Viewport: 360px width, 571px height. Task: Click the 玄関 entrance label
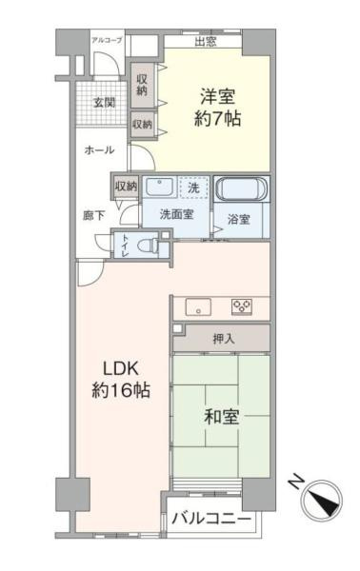[102, 102]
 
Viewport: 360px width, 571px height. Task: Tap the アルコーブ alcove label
[106, 40]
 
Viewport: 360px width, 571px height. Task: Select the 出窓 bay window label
[204, 41]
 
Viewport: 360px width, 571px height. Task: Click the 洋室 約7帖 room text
[217, 107]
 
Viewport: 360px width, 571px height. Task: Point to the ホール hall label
[99, 150]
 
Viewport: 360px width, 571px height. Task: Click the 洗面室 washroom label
[176, 214]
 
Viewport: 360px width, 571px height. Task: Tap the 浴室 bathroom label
[238, 220]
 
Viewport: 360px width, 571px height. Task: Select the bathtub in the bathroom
[240, 188]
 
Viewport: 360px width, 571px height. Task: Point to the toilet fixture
[146, 245]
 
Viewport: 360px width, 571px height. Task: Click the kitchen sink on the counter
[198, 306]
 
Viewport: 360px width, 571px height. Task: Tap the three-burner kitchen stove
[242, 305]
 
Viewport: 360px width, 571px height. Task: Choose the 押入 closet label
[222, 338]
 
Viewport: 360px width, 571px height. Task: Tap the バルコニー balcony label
[212, 520]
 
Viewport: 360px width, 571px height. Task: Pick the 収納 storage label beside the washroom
[126, 186]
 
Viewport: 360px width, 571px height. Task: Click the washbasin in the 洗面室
[159, 188]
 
